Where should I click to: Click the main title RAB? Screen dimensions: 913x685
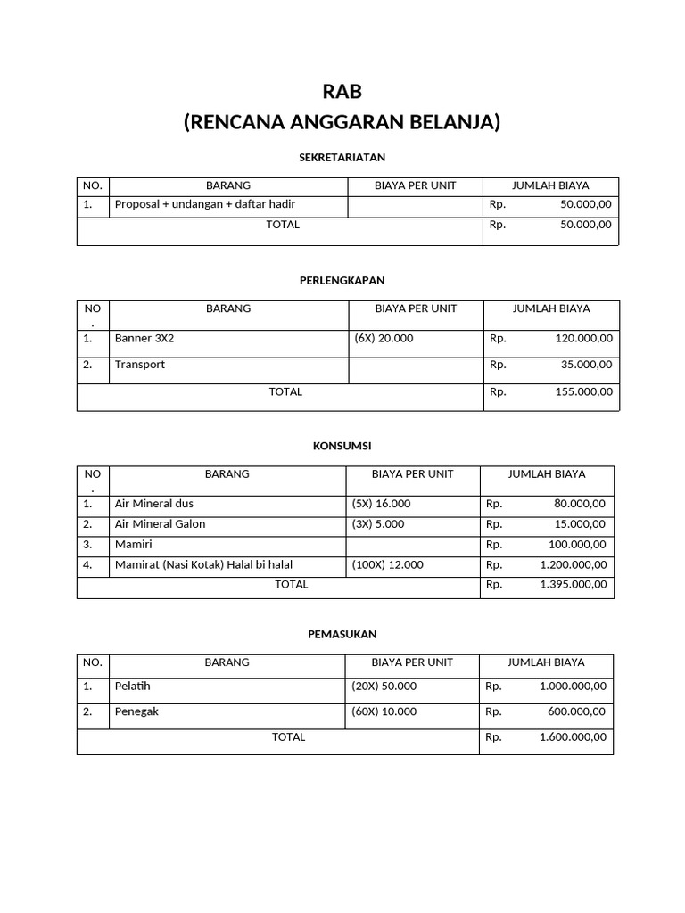pos(342,92)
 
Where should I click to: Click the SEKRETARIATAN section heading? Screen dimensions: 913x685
pos(342,157)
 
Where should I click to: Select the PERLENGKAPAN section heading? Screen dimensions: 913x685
pos(342,280)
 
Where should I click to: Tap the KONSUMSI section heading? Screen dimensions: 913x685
pos(342,445)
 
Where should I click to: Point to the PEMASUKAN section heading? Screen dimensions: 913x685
pos(342,634)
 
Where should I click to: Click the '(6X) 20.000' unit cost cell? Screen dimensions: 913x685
pos(384,339)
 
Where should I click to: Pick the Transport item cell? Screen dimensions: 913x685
pos(140,365)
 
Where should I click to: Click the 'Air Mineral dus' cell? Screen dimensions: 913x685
pos(154,504)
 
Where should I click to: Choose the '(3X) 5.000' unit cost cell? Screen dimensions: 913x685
pos(378,524)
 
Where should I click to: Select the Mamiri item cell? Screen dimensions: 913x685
pos(134,545)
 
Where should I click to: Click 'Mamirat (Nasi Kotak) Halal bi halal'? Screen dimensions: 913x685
pos(203,565)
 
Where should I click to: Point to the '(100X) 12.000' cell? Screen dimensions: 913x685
pos(388,565)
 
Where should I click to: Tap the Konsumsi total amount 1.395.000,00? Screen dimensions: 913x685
pos(573,585)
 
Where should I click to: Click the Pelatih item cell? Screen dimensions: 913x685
pos(133,687)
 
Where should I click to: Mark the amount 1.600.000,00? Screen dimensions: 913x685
pos(573,737)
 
